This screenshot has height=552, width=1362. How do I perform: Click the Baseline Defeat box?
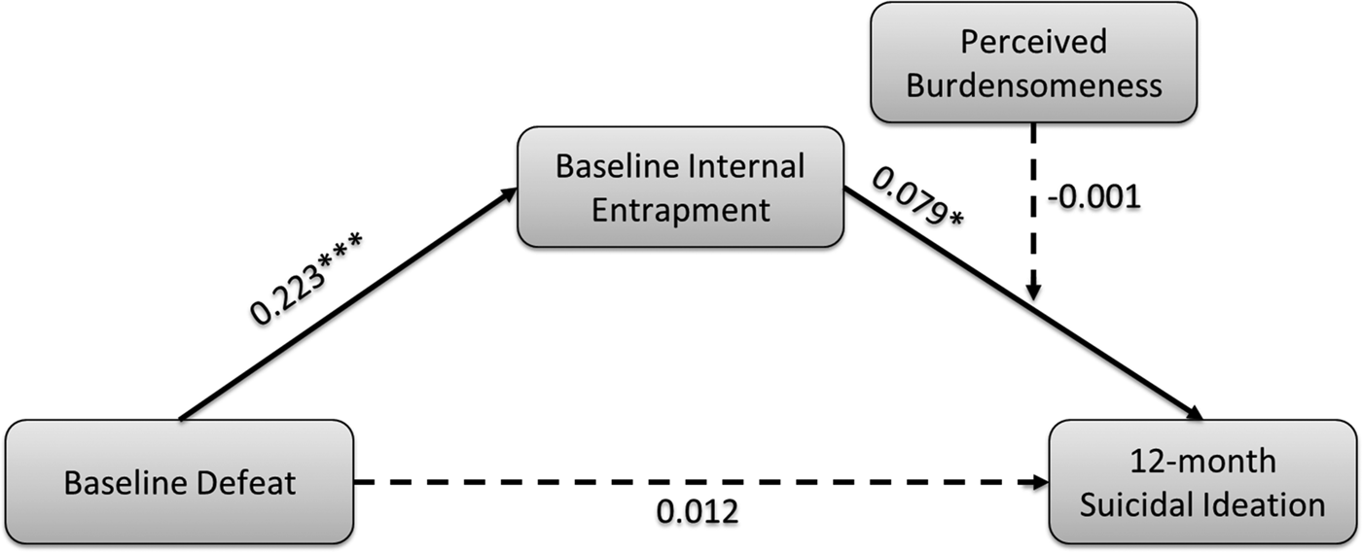point(179,482)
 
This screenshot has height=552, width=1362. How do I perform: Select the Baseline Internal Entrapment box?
point(680,187)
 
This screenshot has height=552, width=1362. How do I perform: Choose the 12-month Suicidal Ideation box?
point(1203,482)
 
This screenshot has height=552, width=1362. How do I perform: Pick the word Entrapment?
point(681,209)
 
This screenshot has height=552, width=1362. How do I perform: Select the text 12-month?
point(1203,461)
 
